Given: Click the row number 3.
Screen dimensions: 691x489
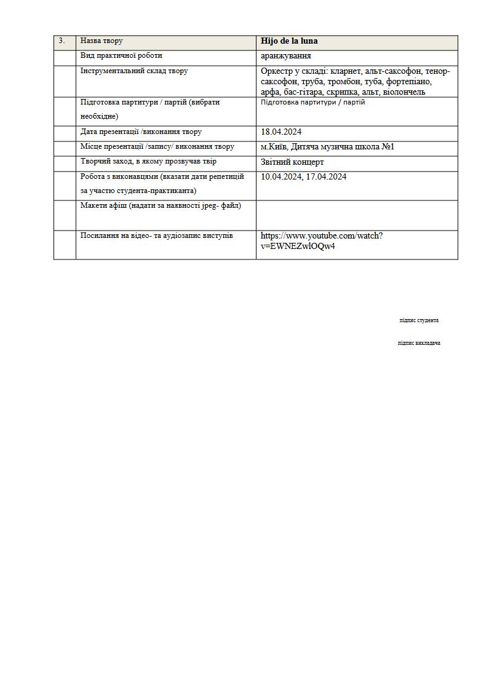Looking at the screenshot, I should point(62,41).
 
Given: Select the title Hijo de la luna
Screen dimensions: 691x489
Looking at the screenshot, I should point(289,41).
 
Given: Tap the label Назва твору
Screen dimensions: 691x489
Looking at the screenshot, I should point(101,41).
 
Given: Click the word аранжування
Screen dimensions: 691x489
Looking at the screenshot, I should point(286,56).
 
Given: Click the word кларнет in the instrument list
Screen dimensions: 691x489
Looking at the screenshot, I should point(345,71).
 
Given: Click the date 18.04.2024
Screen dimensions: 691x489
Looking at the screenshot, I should point(281,132).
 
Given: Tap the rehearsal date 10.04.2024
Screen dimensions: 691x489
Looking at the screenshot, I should point(281,177).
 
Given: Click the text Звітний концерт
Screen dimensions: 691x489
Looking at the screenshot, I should point(292,162).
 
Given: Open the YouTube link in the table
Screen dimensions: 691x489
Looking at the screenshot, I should point(321,241).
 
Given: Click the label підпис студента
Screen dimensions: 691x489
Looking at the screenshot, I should point(419,320).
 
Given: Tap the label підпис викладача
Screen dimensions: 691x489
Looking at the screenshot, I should point(419,343).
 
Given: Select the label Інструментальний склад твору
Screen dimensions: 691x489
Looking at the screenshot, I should point(134,71).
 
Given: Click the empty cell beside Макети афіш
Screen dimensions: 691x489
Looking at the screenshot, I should point(357,215).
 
